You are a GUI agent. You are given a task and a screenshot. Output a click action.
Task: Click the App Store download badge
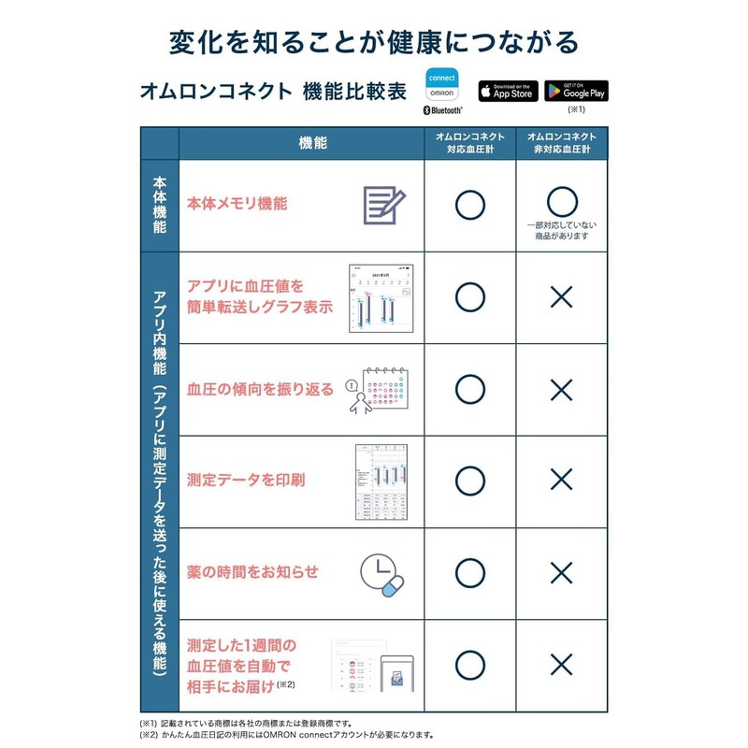(510, 91)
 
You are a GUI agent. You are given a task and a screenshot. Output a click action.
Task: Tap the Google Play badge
(576, 91)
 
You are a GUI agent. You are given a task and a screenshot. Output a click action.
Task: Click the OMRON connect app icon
(441, 86)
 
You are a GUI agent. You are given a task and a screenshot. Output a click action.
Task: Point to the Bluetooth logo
(443, 110)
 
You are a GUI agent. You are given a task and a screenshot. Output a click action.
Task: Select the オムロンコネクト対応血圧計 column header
(469, 143)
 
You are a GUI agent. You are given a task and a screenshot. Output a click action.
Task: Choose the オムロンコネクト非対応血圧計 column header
(561, 143)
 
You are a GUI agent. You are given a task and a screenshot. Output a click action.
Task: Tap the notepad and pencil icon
(383, 204)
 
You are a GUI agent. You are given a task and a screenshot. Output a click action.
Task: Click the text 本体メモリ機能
(237, 203)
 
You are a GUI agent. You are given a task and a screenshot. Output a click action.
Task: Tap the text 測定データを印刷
(246, 481)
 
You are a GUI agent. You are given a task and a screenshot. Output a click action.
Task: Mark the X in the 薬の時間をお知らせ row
(561, 573)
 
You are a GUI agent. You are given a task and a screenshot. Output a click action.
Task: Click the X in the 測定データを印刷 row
(561, 481)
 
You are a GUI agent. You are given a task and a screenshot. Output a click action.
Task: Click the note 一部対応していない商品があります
(561, 230)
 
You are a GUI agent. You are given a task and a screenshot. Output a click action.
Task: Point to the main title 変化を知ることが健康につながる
(374, 41)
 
